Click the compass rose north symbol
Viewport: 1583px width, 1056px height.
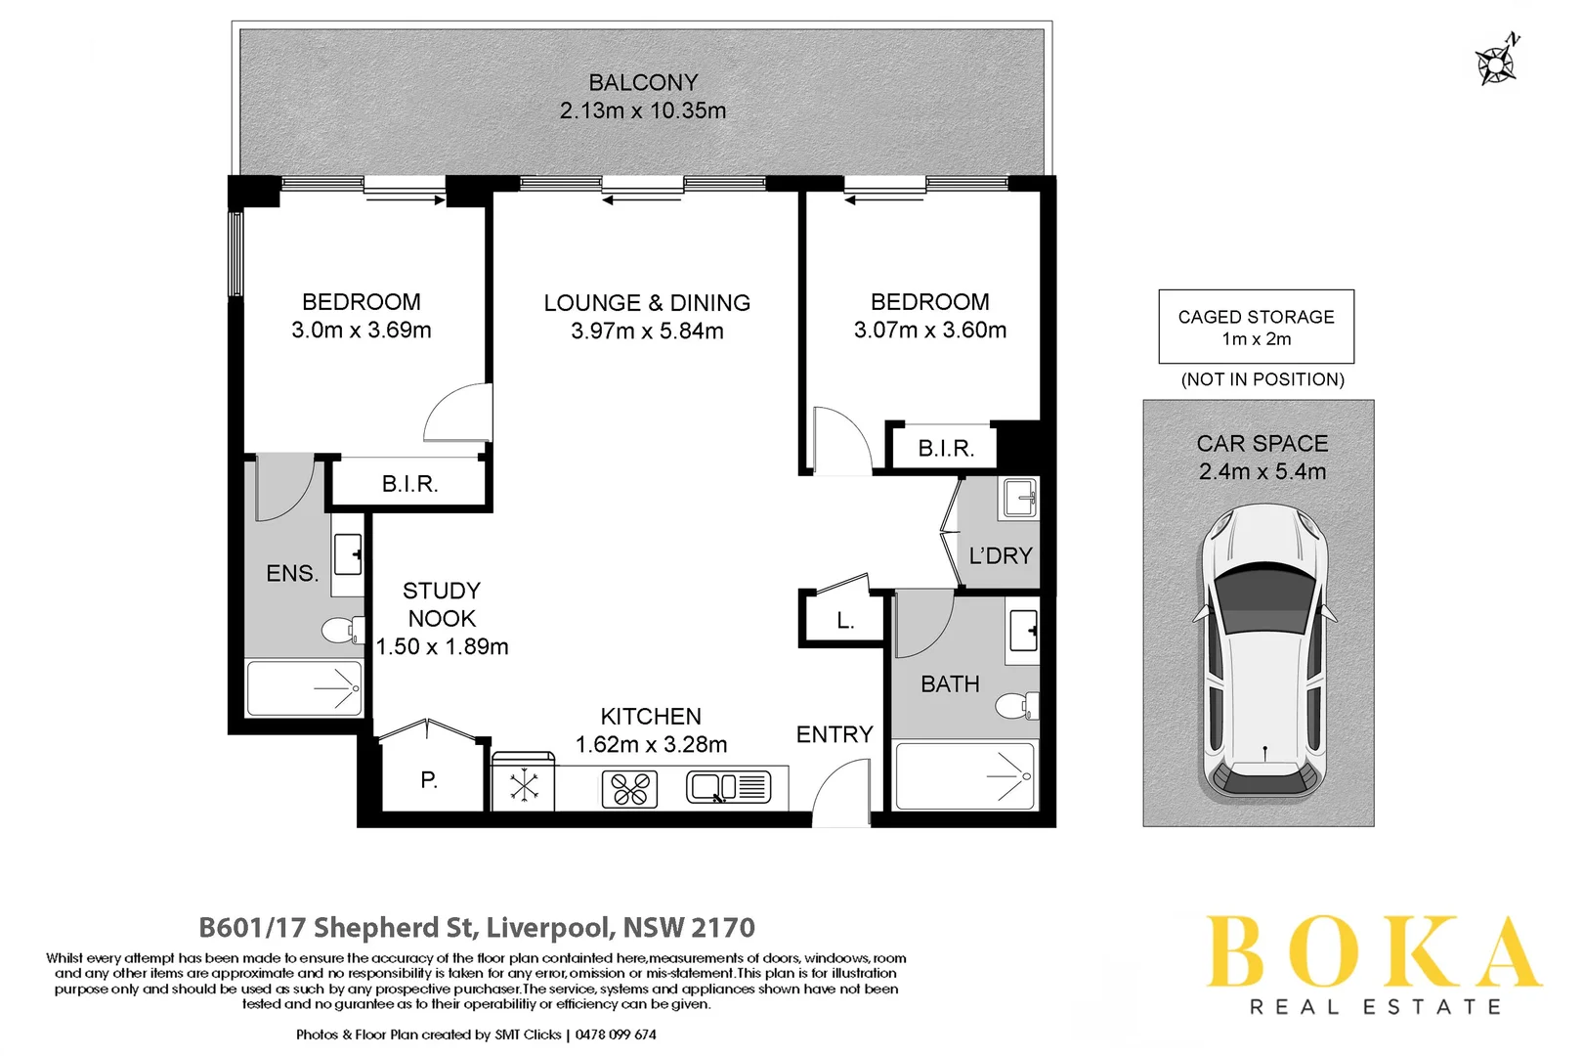1496,62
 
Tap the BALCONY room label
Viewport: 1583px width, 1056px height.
643,83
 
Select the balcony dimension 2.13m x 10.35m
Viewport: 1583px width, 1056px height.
643,111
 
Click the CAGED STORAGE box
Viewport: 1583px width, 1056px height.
1256,327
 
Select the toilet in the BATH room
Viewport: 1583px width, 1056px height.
1017,705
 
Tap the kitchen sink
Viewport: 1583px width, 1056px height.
729,787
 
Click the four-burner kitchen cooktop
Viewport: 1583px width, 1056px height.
629,789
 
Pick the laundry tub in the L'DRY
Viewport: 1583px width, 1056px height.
1018,499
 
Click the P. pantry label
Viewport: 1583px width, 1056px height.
429,780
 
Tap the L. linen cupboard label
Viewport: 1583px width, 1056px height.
845,621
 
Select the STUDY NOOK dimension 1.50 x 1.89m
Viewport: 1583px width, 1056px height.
443,647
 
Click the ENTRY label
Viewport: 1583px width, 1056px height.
834,734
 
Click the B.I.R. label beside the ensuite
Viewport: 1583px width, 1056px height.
409,484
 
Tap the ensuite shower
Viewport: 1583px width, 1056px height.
304,688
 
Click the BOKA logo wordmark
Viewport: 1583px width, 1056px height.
1372,952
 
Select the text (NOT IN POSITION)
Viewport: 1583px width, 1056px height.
1262,379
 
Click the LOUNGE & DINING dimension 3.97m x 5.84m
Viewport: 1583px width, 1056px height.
647,331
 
